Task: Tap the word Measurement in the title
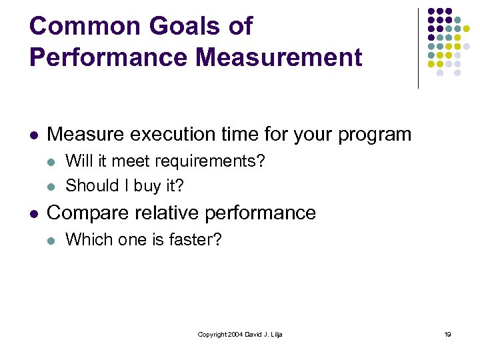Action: click(279, 57)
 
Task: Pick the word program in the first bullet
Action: click(375, 135)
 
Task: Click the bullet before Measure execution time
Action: click(33, 135)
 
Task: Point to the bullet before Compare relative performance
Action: click(33, 213)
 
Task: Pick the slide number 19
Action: click(447, 334)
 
